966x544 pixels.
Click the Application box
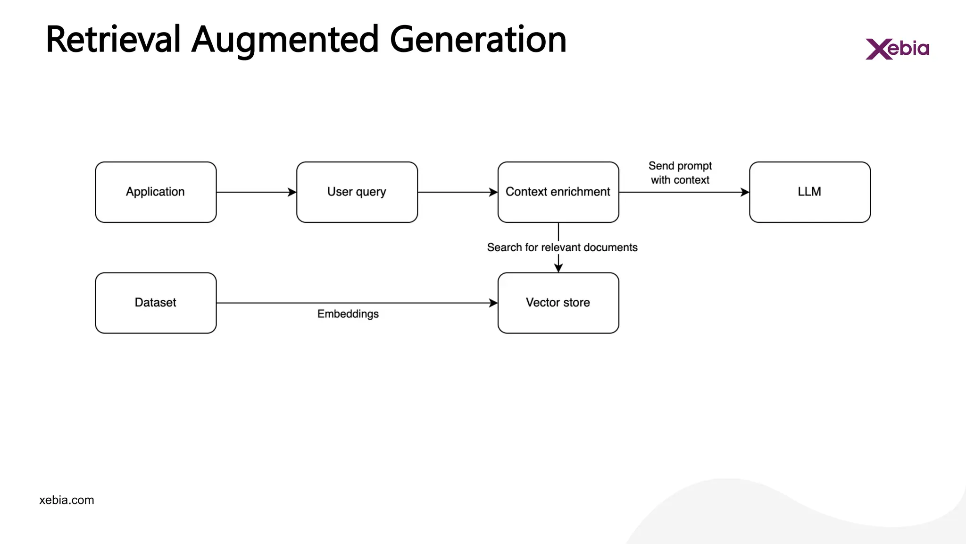156,192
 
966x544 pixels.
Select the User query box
357,192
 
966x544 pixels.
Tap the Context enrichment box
558,192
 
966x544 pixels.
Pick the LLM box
809,192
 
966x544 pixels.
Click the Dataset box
156,303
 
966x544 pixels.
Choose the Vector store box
558,303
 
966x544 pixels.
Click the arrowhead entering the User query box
292,192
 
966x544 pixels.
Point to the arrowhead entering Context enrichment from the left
493,192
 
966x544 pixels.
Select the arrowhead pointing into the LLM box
745,192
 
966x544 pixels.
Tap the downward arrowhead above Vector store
558,268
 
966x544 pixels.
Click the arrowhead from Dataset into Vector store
493,303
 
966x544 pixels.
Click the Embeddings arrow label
348,314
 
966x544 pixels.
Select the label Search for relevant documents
562,247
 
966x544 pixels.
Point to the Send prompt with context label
680,173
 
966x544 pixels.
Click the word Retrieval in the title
113,40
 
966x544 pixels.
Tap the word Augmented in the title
285,40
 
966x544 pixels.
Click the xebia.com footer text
67,500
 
